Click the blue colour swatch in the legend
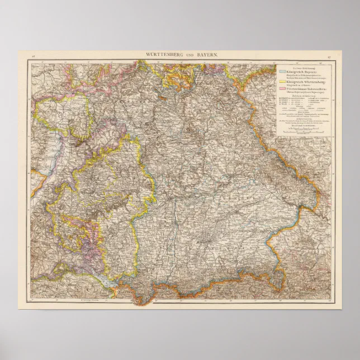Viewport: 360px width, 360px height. coord(282,72)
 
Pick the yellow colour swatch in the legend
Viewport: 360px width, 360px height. coord(282,82)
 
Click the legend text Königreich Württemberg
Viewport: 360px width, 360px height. coord(305,82)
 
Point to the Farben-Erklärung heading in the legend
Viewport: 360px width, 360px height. coord(302,67)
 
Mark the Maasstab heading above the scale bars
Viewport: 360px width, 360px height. coord(302,126)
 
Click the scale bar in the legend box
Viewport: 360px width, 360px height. coord(302,131)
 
